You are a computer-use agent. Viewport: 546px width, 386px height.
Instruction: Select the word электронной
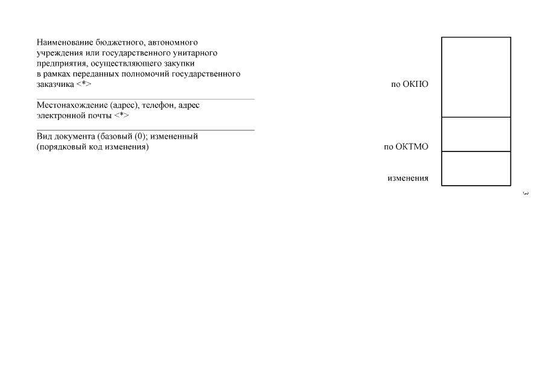[x=60, y=115]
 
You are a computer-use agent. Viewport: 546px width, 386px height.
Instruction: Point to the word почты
[x=98, y=115]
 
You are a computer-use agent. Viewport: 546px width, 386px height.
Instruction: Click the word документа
[x=74, y=136]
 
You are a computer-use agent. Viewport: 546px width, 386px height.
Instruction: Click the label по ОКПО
[x=410, y=84]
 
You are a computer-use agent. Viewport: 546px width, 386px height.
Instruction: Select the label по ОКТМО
[x=406, y=147]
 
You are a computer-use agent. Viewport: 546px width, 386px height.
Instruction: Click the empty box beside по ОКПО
[x=476, y=77]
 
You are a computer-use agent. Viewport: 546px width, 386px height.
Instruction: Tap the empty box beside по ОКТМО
[x=476, y=134]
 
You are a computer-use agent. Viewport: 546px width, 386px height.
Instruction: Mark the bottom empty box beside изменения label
[x=476, y=168]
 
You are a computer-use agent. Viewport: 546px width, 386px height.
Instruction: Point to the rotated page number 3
[x=525, y=194]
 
